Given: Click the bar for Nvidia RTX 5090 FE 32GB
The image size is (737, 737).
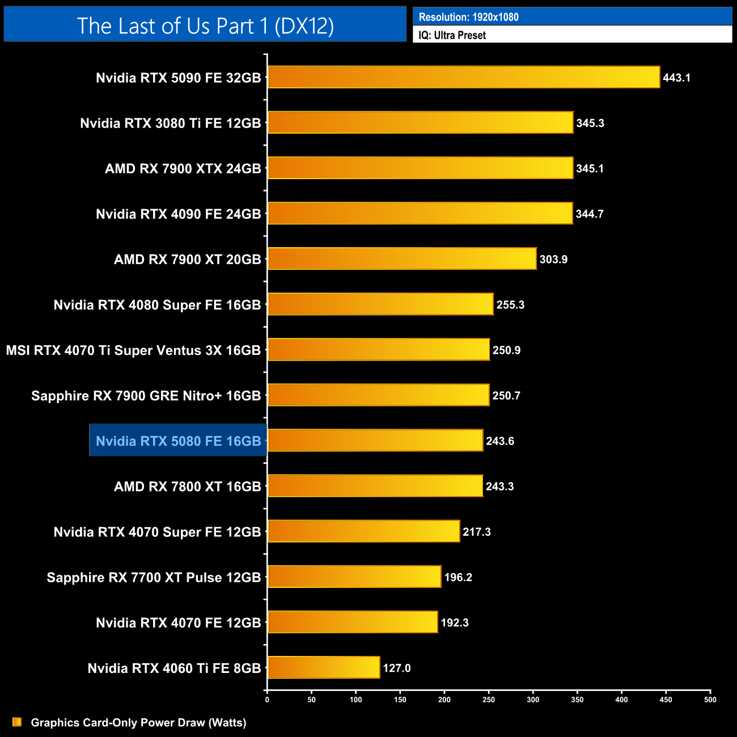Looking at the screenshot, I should (464, 77).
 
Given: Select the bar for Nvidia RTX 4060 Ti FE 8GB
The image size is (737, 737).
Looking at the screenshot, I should (324, 667).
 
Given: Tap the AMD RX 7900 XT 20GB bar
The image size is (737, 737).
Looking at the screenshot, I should (402, 259).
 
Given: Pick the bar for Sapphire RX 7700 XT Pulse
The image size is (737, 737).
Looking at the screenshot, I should (354, 577).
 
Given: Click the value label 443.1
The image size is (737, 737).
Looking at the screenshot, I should (676, 78).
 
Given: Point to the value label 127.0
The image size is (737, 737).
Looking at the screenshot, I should (396, 668).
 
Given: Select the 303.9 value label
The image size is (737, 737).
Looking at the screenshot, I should (553, 259).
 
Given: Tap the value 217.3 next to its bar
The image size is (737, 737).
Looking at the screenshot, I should (476, 532).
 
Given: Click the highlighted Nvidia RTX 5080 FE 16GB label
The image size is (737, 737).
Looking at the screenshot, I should (178, 440).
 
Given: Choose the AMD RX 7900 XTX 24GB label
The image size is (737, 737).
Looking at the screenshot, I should (183, 168).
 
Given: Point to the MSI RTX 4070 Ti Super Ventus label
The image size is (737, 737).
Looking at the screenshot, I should (133, 350).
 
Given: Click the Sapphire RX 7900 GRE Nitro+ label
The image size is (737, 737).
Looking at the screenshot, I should (146, 395).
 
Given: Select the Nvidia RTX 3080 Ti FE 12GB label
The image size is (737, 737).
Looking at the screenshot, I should (170, 123).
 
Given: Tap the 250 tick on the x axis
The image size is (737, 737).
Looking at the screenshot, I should (489, 700).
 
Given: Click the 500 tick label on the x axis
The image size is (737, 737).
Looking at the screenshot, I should (710, 700).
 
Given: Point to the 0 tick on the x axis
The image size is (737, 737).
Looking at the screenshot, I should (267, 700).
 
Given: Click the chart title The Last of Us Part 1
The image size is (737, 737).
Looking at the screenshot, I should (205, 26).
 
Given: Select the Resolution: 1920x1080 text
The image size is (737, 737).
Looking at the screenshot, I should (468, 17).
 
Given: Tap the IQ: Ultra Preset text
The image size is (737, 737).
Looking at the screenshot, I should (452, 35).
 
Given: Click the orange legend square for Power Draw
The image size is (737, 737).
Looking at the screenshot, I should (17, 722).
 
